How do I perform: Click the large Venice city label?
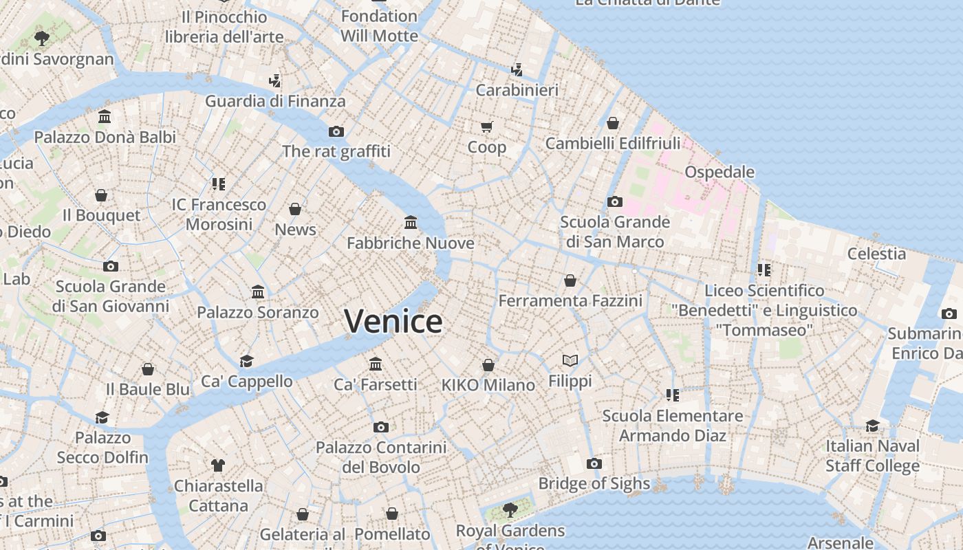(393, 321)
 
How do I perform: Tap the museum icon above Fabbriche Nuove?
(411, 222)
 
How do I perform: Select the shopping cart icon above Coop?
(487, 126)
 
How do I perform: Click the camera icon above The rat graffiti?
(336, 131)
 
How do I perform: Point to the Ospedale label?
(719, 172)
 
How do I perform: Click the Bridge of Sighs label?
(594, 483)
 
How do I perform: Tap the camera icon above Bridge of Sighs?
(594, 463)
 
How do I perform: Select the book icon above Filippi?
(570, 360)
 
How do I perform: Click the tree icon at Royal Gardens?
(510, 509)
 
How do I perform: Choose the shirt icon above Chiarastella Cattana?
(218, 465)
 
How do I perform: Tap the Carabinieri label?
(517, 90)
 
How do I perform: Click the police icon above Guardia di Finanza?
(274, 81)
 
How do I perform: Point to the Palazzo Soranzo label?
(258, 312)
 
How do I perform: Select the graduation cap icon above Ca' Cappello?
(246, 361)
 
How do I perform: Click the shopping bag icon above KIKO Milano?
(488, 365)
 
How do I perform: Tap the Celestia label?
(876, 254)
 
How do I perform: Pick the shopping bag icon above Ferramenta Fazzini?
(570, 280)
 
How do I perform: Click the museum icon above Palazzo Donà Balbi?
(105, 117)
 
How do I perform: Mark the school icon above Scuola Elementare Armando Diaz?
(672, 395)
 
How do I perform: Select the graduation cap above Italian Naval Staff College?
(872, 426)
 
